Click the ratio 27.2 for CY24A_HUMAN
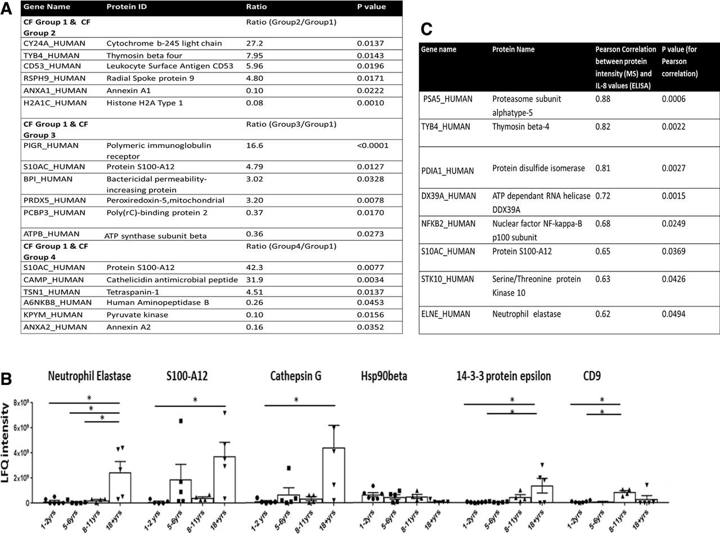tap(254, 43)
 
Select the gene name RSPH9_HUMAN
tap(55, 78)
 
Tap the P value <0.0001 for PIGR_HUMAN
tap(373, 145)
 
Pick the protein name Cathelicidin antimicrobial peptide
tap(172, 280)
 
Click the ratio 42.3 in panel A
tap(254, 267)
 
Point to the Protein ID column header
tap(127, 7)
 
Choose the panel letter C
tap(426, 29)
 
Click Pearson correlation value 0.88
tap(603, 98)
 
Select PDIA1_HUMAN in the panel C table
tap(448, 171)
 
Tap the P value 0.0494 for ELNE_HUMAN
tap(673, 314)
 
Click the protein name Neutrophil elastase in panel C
tap(526, 314)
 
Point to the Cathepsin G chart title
tap(296, 376)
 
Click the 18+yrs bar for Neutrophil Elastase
tap(120, 487)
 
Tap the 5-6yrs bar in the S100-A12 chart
tap(181, 491)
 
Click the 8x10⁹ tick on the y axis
tap(21, 403)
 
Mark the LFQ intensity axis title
tap(5, 442)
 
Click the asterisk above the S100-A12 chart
tap(195, 400)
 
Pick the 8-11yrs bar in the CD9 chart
tap(624, 497)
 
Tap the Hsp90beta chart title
tap(384, 376)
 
